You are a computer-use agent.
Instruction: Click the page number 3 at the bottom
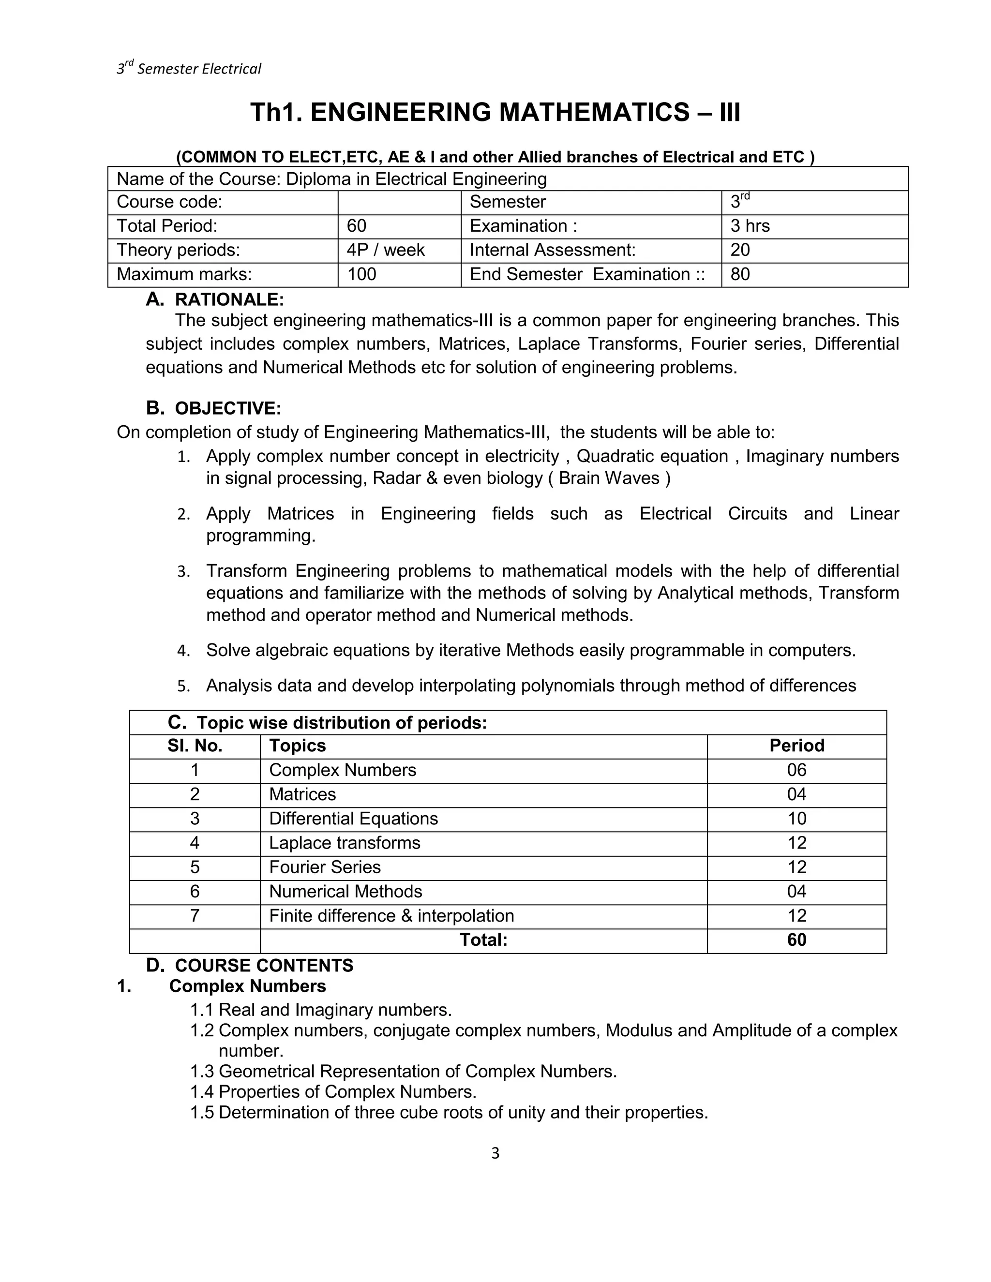click(495, 1153)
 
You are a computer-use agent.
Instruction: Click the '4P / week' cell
click(385, 250)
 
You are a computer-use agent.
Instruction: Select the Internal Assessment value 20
click(740, 250)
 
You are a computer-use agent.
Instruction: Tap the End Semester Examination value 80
click(740, 274)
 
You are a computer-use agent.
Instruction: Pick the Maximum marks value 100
click(361, 274)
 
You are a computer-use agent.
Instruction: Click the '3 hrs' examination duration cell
click(750, 226)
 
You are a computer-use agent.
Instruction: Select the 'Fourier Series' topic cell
click(325, 867)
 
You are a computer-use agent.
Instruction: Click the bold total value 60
click(796, 940)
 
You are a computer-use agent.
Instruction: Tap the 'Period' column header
click(796, 745)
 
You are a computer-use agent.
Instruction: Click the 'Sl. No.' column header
click(195, 745)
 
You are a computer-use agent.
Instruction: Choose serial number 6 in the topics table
click(195, 892)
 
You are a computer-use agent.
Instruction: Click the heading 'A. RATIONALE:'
click(215, 299)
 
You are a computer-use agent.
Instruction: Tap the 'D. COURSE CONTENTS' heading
click(250, 966)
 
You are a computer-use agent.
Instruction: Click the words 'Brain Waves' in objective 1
click(609, 478)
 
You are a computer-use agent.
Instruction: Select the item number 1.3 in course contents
click(202, 1071)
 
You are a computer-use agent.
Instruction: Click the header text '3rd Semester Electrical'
click(188, 69)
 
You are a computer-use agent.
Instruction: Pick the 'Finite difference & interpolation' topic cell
click(391, 916)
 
